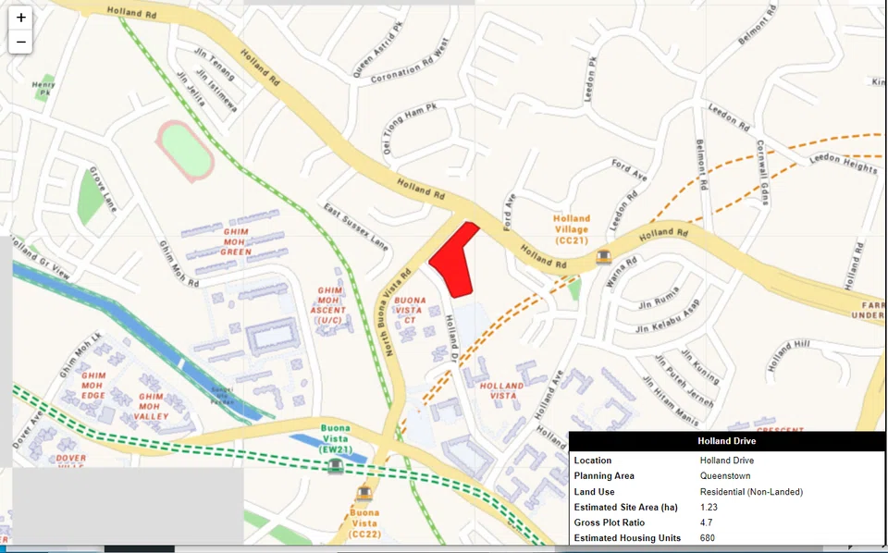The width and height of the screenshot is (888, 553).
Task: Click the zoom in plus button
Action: coord(20,18)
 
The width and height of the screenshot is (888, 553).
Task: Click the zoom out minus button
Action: coord(20,42)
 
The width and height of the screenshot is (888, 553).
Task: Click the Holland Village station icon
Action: coord(604,256)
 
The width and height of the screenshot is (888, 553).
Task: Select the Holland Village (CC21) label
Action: coord(573,229)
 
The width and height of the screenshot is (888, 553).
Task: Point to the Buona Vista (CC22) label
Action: coord(364,522)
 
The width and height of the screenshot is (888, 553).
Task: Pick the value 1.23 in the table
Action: coord(709,507)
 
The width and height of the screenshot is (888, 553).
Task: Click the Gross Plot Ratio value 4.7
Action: coord(707,522)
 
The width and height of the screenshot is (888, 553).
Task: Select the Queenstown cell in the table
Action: coord(726,475)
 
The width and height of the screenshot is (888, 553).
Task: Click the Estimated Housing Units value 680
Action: coord(709,538)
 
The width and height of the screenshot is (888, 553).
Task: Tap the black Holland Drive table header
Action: coord(726,441)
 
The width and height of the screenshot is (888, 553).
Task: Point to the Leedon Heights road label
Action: coord(843,164)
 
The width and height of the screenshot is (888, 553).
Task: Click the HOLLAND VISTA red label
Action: coord(502,390)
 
